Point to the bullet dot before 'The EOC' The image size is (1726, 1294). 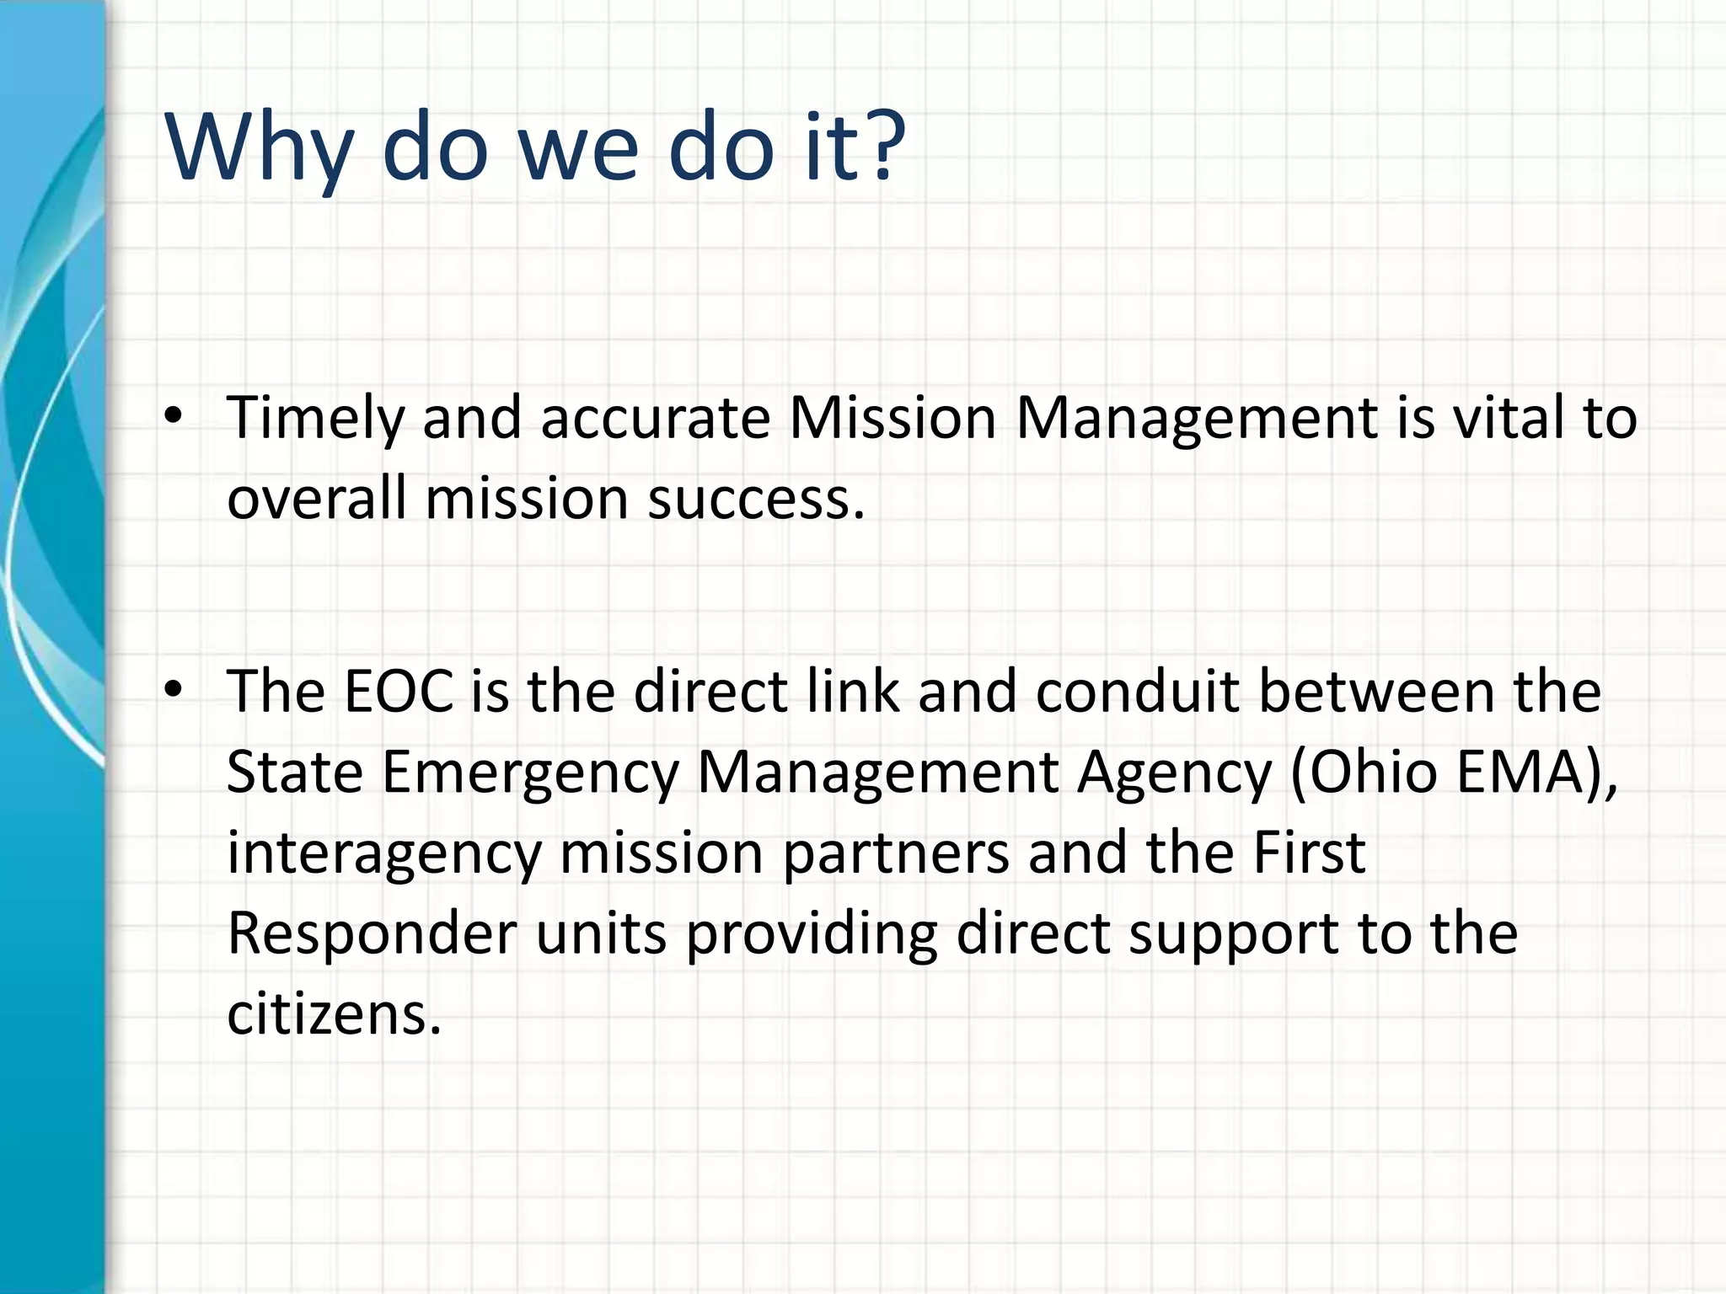point(173,689)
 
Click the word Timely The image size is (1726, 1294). point(314,419)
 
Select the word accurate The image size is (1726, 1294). point(655,419)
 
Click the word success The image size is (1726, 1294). point(756,500)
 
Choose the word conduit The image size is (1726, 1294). point(1137,692)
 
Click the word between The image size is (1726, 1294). point(1376,692)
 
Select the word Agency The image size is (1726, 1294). point(1173,773)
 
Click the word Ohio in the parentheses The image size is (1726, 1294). point(1373,772)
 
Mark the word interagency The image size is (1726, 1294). point(383,854)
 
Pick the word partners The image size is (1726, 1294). point(895,854)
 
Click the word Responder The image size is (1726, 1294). point(372,933)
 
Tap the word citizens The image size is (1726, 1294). point(334,1013)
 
